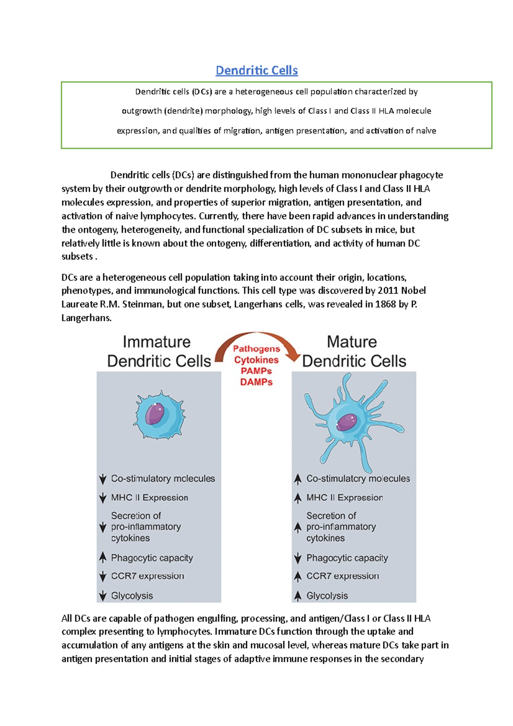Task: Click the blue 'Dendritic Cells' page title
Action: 256,70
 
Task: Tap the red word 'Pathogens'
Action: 256,349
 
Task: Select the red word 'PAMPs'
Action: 256,371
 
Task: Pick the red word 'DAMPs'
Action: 256,382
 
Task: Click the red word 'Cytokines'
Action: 256,360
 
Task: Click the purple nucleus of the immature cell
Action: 155,414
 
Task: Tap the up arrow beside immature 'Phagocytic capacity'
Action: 103,557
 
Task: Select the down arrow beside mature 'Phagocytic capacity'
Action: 298,558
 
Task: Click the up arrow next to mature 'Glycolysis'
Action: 298,595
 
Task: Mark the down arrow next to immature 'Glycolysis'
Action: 103,596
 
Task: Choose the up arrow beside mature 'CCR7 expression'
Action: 298,576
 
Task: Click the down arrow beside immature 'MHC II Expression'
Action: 103,498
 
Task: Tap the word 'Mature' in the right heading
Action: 352,342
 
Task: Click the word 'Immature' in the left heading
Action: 156,342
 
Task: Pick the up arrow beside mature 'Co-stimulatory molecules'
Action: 298,479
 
